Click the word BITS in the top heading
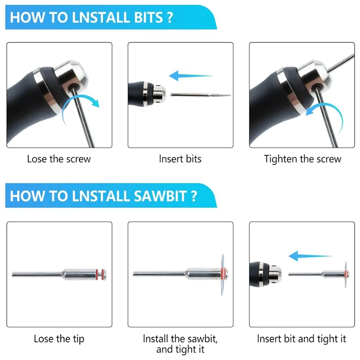coord(148,18)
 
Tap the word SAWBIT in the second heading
coord(160,196)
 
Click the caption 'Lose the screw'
coord(59,159)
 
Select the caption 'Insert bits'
coord(180,159)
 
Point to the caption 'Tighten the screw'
coord(302,159)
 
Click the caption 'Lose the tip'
coord(59,339)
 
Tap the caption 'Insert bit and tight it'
coord(301,339)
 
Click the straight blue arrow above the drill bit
coord(190,76)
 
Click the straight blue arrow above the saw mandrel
coord(310,256)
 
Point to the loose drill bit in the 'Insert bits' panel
coord(200,94)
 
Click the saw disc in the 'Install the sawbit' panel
coord(222,274)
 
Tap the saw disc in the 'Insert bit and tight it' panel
coord(346,274)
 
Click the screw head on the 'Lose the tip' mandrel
coord(104,274)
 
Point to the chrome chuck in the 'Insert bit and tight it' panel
coord(275,274)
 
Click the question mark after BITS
coord(170,18)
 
